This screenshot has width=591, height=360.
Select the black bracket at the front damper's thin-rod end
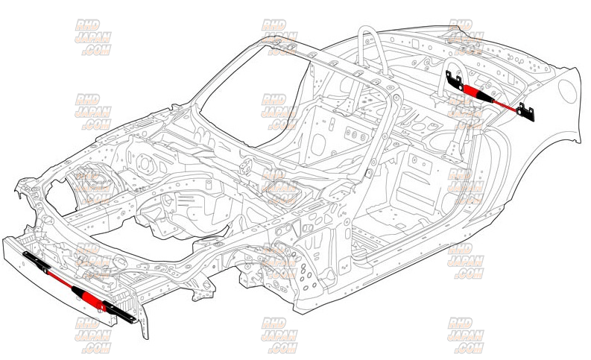pyautogui.click(x=34, y=261)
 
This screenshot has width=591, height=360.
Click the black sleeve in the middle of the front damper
pyautogui.click(x=75, y=289)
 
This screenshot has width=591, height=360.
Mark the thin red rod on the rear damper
pyautogui.click(x=508, y=105)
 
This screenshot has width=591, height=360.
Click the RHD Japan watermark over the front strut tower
pyautogui.click(x=93, y=186)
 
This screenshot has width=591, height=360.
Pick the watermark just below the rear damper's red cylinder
pyautogui.click(x=466, y=112)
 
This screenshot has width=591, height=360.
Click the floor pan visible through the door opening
pyautogui.click(x=388, y=216)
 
